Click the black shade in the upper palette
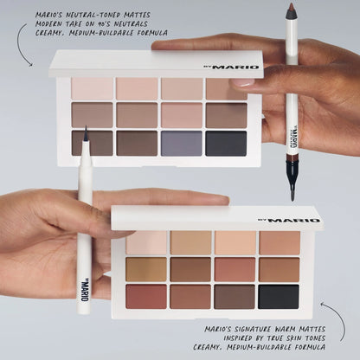226,143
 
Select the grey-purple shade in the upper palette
181,143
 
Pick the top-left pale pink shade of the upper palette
93,88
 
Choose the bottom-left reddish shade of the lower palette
146,296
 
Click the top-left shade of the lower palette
147,242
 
